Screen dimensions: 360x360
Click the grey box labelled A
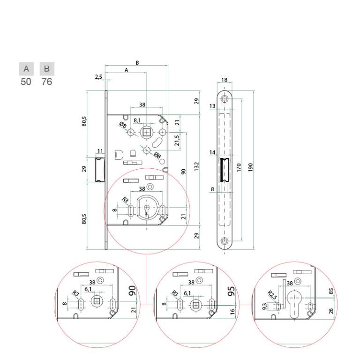(x=26, y=69)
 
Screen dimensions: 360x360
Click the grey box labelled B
(x=47, y=69)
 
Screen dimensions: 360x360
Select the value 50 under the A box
(x=26, y=82)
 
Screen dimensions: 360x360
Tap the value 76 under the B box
(x=46, y=82)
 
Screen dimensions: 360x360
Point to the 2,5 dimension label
(x=98, y=77)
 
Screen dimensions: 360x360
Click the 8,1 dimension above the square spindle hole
(x=137, y=120)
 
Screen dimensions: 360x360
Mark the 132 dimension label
(x=197, y=166)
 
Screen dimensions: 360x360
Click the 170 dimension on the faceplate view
(x=239, y=168)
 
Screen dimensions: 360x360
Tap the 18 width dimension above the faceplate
(x=225, y=80)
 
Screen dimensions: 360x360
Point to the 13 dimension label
(x=212, y=107)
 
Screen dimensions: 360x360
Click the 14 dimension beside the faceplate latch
(x=212, y=153)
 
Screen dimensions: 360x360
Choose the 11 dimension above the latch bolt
(x=100, y=151)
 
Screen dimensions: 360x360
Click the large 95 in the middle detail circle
(x=231, y=292)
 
